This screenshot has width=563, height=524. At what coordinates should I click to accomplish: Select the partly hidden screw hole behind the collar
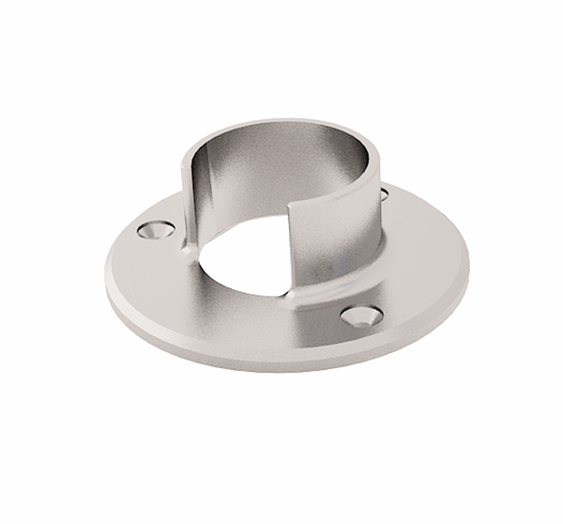pyautogui.click(x=384, y=194)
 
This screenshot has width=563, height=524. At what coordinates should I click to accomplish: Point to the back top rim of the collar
pyautogui.click(x=281, y=122)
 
